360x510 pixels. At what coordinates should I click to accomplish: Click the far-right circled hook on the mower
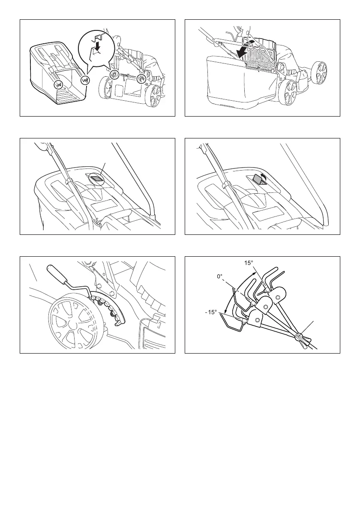tap(141, 79)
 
